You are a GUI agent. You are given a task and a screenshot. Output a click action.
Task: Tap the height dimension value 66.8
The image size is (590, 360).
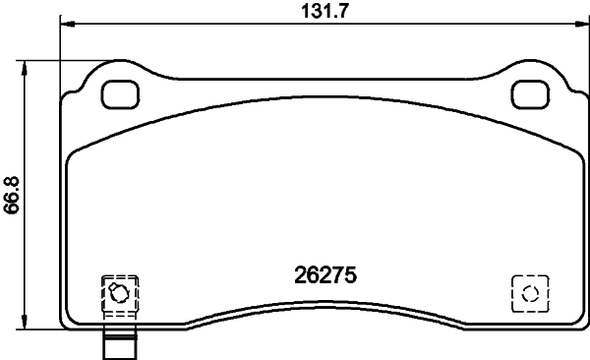(12, 195)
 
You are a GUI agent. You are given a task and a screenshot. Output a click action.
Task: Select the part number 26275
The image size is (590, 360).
(324, 276)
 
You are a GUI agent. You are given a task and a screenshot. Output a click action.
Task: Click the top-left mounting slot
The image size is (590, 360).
(122, 93)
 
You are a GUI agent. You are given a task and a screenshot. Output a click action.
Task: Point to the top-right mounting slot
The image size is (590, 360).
(530, 93)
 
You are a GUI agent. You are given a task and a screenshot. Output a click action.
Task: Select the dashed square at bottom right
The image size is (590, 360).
(529, 292)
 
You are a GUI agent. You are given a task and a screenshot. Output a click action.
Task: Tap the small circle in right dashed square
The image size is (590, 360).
(529, 292)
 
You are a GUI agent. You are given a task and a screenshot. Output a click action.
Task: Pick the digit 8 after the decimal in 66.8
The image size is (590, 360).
(12, 177)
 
